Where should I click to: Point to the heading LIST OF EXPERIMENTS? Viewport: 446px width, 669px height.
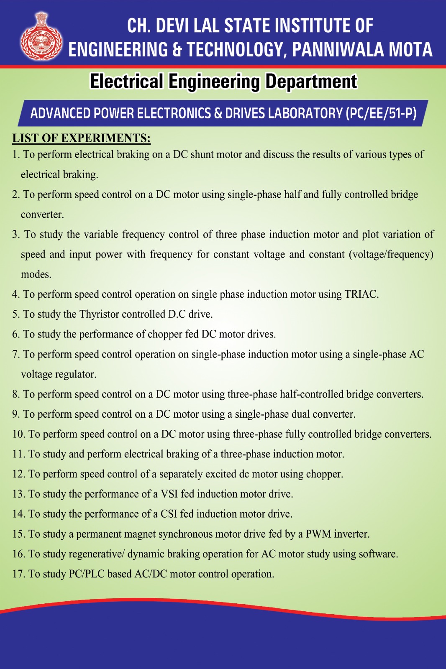click(81, 138)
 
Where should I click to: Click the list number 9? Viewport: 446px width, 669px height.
click(16, 414)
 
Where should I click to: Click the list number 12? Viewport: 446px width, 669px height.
click(19, 474)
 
